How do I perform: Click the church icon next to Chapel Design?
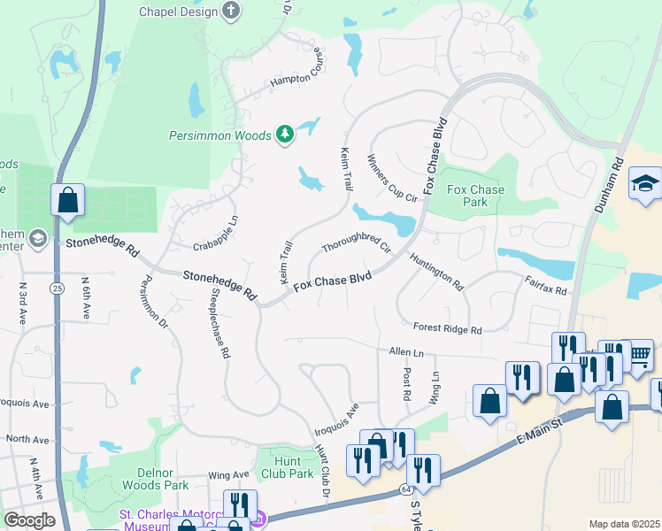[231, 11]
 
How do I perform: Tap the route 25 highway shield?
[57, 289]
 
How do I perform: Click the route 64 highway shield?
[404, 489]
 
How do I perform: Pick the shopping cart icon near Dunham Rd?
[639, 356]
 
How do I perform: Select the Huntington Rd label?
[436, 272]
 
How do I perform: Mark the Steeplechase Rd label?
[219, 322]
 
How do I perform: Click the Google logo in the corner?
[29, 520]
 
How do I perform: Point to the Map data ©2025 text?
[623, 524]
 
